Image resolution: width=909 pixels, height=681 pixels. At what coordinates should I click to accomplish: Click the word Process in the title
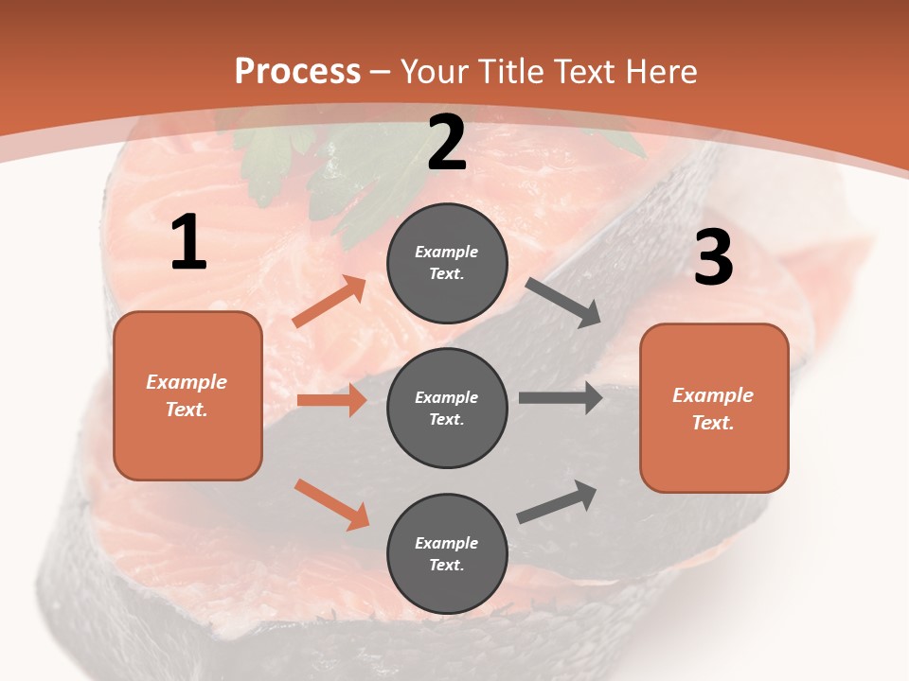point(297,72)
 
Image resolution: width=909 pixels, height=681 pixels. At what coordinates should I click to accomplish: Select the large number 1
point(188,243)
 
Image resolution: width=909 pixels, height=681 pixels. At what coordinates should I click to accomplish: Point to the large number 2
point(447,144)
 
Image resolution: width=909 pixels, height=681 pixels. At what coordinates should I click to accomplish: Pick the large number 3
point(713,257)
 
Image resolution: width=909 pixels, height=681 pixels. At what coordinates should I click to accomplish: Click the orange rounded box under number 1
point(187,395)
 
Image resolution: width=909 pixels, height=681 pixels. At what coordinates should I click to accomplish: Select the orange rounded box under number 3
point(714,409)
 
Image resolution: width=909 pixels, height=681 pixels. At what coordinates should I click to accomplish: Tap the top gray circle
point(447,263)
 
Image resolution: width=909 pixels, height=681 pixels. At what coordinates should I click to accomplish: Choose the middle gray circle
point(447,409)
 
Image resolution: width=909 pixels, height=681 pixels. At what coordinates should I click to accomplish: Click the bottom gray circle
point(447,554)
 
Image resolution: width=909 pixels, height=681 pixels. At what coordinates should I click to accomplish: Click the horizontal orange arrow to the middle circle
point(331,400)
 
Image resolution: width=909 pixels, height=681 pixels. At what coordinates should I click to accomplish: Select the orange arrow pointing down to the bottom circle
point(331,504)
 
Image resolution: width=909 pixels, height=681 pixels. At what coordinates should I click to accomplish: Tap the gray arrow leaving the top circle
point(563,303)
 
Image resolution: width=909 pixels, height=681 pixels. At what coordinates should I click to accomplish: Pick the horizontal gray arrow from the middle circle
point(561,398)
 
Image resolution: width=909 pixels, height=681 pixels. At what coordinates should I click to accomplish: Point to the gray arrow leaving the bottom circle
point(558,502)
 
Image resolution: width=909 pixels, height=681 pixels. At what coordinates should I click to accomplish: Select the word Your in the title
point(434,72)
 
